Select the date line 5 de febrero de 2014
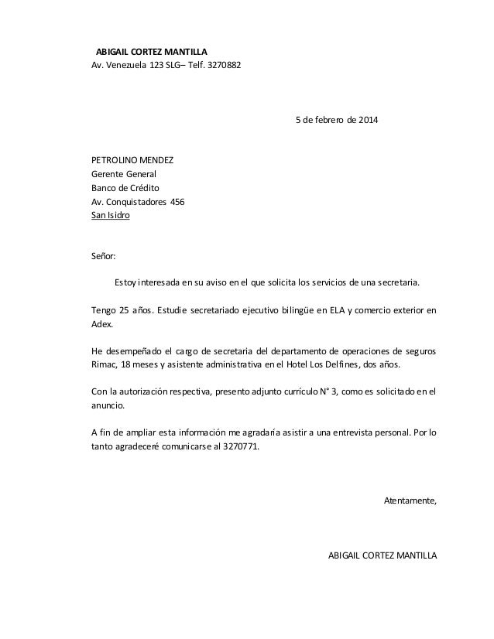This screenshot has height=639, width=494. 333,121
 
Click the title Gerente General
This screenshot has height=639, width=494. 124,175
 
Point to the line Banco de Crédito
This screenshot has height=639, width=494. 125,189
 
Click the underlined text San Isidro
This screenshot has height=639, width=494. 111,217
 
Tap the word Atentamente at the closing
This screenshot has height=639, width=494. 410,501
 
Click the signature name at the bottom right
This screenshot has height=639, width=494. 383,556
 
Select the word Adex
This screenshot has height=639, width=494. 102,325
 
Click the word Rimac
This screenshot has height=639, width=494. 104,364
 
